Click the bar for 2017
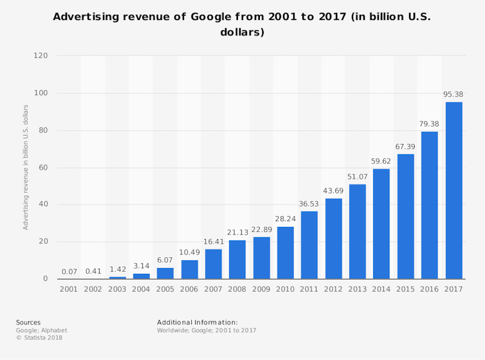pos(453,190)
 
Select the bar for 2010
pos(286,253)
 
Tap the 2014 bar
pos(381,224)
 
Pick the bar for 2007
pos(214,264)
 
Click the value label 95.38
pos(453,94)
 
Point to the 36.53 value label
pos(309,204)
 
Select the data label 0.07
pos(69,272)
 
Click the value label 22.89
pos(262,230)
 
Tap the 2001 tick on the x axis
pos(69,289)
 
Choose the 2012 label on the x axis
pos(333,289)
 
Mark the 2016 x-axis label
pos(430,289)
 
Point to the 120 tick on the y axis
pos(41,56)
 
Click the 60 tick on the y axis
pos(43,168)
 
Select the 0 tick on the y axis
pos(46,279)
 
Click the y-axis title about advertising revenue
pos(26,167)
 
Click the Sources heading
pos(28,322)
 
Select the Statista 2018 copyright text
pos(39,337)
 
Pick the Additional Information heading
pos(197,322)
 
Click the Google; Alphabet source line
pos(42,330)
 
